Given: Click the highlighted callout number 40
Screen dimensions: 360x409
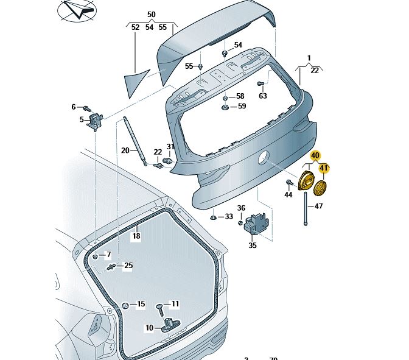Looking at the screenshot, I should pos(315,156).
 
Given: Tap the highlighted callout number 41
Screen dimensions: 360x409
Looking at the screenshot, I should pos(324,168).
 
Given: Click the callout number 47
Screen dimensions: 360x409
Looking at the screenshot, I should pos(318,206).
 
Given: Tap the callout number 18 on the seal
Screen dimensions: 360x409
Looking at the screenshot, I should pos(136,236).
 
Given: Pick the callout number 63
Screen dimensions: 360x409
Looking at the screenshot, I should pos(263,96).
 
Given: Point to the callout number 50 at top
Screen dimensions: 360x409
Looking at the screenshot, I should pos(151,14).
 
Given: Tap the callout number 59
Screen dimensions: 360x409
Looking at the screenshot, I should pos(242,107).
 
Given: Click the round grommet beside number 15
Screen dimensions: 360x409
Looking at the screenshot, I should pos(125,304).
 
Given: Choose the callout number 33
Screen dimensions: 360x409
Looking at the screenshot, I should pos(229,216).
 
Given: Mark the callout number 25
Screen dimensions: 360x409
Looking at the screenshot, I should pos(128,265).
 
